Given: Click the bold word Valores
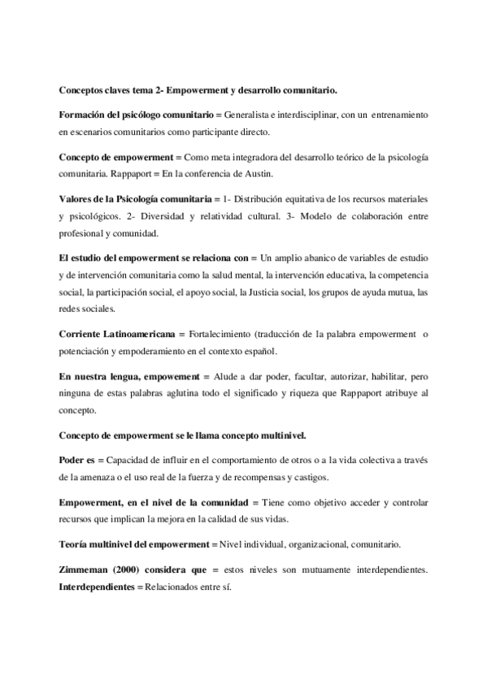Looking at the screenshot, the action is tap(76, 199).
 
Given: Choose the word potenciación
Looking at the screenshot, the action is tap(89, 351).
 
